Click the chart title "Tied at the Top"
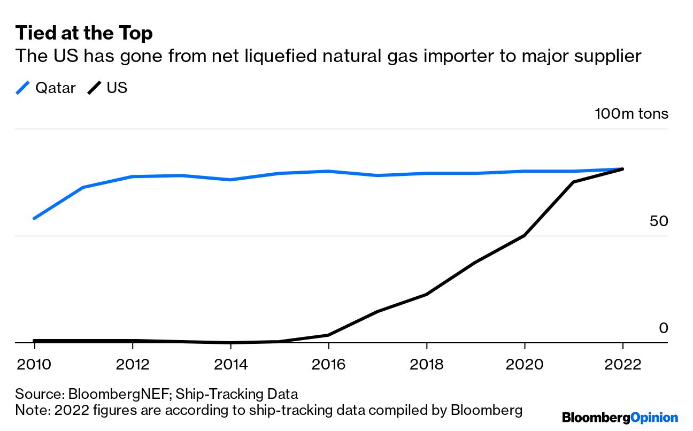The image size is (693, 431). [x=84, y=33]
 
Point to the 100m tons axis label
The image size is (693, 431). [x=632, y=114]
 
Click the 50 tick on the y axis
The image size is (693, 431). [x=659, y=221]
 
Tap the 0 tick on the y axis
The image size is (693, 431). [x=663, y=328]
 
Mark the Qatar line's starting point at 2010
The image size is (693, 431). [x=34, y=218]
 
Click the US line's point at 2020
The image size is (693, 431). [x=525, y=235]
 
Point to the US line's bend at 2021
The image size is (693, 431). [x=573, y=182]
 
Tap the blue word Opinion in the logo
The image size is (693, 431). [x=654, y=418]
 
